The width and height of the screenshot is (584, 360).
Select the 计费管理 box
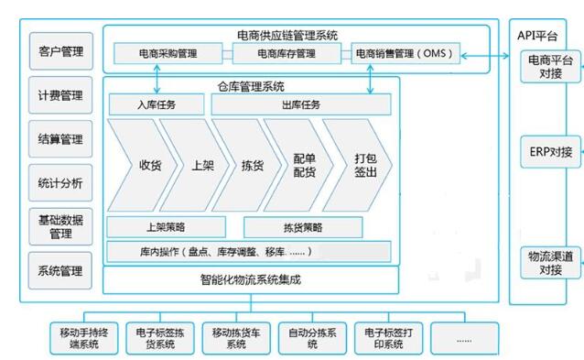click(x=60, y=95)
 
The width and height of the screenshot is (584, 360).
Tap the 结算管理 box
click(x=60, y=139)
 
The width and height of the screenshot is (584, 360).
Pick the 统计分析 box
click(x=60, y=182)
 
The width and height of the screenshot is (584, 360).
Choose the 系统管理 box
click(x=60, y=270)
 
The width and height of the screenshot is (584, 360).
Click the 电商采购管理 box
click(x=161, y=54)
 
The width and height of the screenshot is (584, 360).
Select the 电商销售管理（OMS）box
click(x=404, y=54)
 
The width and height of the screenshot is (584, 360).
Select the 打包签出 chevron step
click(x=364, y=166)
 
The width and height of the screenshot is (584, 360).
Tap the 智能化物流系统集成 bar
click(x=251, y=278)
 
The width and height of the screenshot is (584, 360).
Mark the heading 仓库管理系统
click(x=250, y=87)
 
